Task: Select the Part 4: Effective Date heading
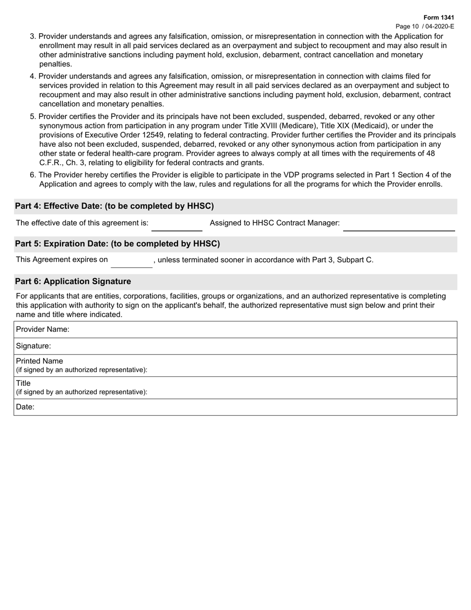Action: pyautogui.click(x=115, y=206)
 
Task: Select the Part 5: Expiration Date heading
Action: pyautogui.click(x=118, y=244)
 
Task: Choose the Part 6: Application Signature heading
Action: pyautogui.click(x=73, y=282)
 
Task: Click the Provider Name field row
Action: pyautogui.click(x=235, y=329)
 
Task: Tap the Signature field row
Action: pyautogui.click(x=235, y=346)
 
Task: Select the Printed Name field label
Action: pyautogui.click(x=40, y=361)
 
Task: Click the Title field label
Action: pyautogui.click(x=23, y=383)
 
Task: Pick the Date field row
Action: pyautogui.click(x=235, y=407)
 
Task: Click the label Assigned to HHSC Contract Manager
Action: pyautogui.click(x=275, y=223)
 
